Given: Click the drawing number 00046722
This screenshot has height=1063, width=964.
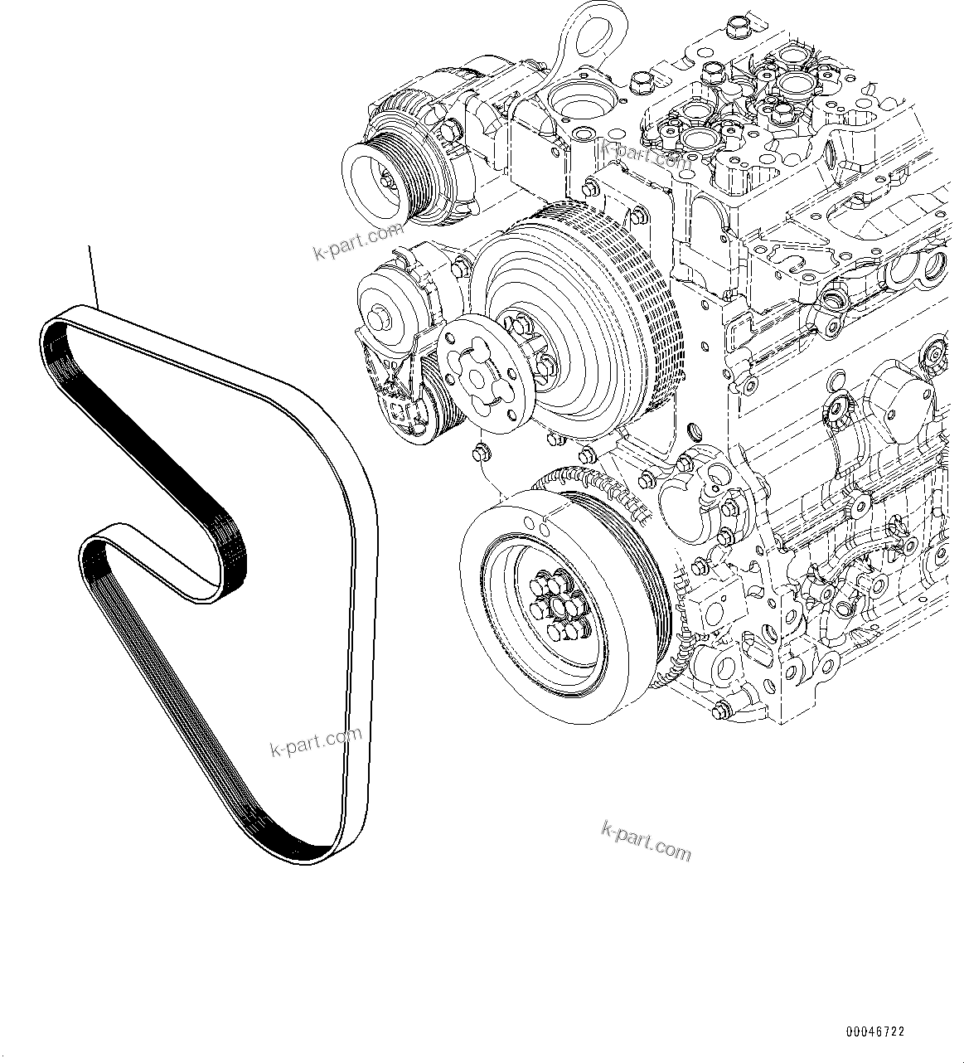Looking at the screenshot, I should (875, 1032).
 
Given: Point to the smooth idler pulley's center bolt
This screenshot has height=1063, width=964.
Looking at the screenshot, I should (382, 316).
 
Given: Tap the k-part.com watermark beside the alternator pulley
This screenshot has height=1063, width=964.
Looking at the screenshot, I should (358, 241).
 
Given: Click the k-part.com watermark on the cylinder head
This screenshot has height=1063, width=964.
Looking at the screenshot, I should (647, 153).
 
